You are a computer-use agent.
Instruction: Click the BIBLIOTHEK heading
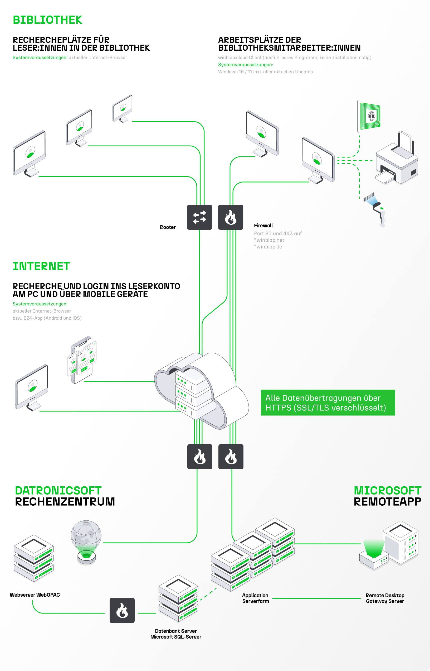[x=47, y=20]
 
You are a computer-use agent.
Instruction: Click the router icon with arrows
[x=199, y=217]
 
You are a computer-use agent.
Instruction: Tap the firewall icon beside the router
[x=230, y=217]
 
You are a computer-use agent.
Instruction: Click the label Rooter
[x=168, y=227]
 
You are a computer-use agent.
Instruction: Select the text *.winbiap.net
[x=269, y=240]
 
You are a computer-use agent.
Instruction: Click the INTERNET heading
[x=41, y=266]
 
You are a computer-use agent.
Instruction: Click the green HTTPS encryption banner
[x=328, y=403]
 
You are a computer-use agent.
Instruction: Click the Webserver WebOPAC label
[x=35, y=595]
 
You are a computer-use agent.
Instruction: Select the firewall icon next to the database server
[x=122, y=610]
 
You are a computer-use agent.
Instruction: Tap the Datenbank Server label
[x=176, y=634]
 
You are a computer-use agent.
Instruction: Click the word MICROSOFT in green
[x=387, y=491]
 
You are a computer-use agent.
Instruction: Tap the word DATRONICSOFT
[x=58, y=491]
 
